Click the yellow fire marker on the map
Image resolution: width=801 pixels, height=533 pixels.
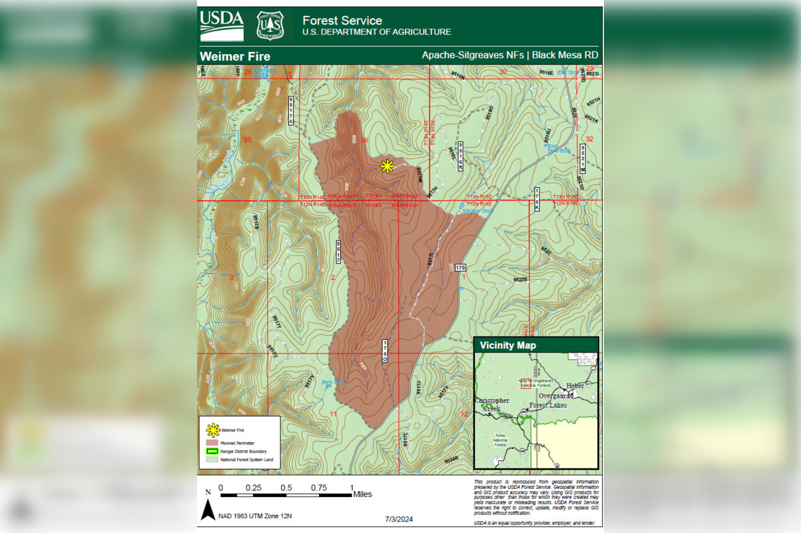(387, 167)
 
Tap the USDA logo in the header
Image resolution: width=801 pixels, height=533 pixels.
(221, 26)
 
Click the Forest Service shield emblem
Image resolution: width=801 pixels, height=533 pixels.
(270, 26)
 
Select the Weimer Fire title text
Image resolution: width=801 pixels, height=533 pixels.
(235, 56)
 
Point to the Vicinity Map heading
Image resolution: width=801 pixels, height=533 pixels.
(507, 345)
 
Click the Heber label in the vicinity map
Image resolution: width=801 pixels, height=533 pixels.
(575, 386)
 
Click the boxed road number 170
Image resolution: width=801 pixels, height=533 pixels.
(461, 268)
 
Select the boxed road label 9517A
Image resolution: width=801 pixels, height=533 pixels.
(291, 111)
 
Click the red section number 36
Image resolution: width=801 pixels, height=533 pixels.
(364, 141)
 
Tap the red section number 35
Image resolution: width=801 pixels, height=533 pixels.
(248, 139)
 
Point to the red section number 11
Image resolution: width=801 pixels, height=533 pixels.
(333, 414)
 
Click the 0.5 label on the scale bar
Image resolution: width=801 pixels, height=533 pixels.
(286, 487)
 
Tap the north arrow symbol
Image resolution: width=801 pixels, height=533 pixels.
(208, 510)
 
